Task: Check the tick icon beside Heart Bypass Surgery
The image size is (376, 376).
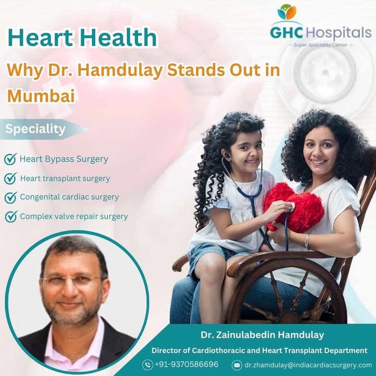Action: [x=10, y=159]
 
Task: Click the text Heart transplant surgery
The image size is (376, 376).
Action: [x=65, y=178]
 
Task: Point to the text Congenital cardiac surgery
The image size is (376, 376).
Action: [x=69, y=197]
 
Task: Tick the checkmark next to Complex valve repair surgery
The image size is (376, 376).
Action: [x=11, y=216]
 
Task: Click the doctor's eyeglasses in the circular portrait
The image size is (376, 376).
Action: [x=74, y=280]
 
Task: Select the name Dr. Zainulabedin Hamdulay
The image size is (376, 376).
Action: [x=262, y=336]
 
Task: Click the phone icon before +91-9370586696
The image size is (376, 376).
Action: [x=148, y=365]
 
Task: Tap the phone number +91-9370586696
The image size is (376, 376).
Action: [x=186, y=364]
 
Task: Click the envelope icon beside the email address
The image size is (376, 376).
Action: [x=237, y=365]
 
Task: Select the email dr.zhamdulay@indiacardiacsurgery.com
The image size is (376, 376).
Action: [x=308, y=365]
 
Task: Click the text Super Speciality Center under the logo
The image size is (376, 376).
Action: [x=320, y=45]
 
